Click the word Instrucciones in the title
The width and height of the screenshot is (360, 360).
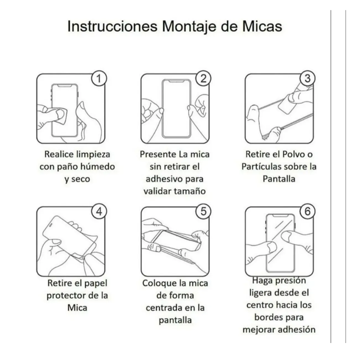pos(112,26)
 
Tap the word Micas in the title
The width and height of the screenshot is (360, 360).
pos(262,26)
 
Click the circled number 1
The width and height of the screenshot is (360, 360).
pos(99,78)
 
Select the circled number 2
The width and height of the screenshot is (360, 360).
pos(203,78)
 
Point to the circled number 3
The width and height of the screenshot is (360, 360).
pos(307,78)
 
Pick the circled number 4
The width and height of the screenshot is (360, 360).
pos(99,211)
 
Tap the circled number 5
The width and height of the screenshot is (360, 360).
pos(203,211)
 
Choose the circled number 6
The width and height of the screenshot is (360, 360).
pos(307,211)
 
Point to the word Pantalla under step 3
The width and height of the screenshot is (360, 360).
pos(279,179)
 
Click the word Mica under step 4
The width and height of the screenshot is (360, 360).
pos(77,308)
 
